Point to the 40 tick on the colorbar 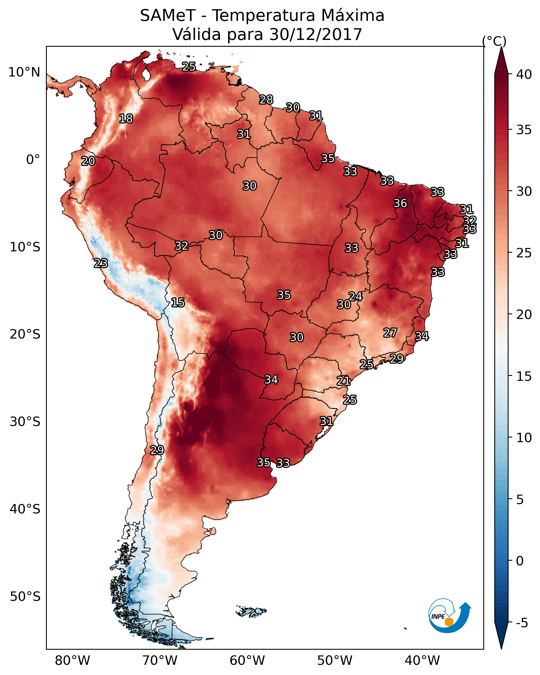(x=510, y=74)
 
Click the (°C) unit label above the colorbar (x=494, y=41)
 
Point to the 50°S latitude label (x=25, y=597)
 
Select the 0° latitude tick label (x=33, y=160)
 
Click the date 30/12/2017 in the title (x=316, y=34)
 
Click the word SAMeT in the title (x=168, y=16)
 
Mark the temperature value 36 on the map (x=400, y=203)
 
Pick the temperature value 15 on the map (x=178, y=303)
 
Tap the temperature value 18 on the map (x=126, y=119)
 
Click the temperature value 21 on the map (x=343, y=381)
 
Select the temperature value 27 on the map (x=390, y=333)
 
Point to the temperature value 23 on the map (x=101, y=263)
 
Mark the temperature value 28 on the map (x=266, y=99)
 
